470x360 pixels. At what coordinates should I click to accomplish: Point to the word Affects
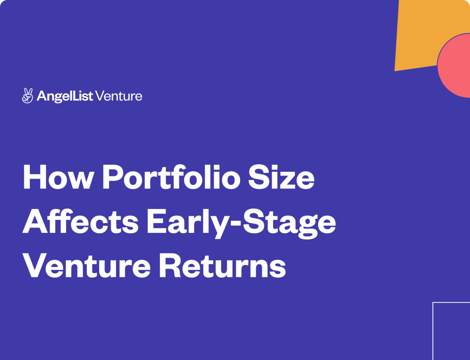pyautogui.click(x=81, y=221)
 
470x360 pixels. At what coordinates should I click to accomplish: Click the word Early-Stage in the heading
pyautogui.click(x=241, y=224)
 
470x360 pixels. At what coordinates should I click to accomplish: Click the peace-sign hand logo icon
pyautogui.click(x=28, y=96)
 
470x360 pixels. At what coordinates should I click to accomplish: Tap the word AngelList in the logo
pyautogui.click(x=65, y=96)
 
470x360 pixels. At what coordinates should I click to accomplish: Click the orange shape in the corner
pyautogui.click(x=425, y=33)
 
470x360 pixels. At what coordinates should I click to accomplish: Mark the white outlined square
pyautogui.click(x=433, y=330)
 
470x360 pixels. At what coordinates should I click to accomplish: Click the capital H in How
pyautogui.click(x=34, y=177)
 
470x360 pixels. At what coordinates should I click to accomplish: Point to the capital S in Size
pyautogui.click(x=260, y=177)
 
